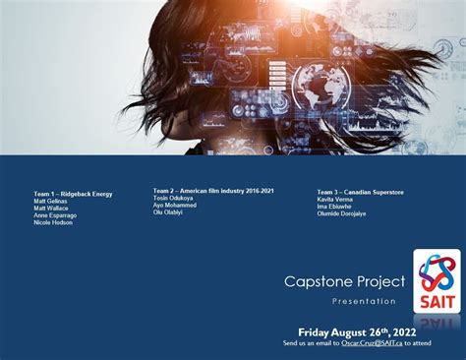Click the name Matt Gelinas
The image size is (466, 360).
[50, 202]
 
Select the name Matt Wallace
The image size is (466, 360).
[51, 209]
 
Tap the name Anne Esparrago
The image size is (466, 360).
[55, 215]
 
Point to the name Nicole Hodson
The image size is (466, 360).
[53, 222]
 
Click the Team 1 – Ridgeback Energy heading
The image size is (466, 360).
[73, 194]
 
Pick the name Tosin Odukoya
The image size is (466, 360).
[173, 197]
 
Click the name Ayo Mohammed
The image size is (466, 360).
[175, 205]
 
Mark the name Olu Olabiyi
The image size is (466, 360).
[169, 211]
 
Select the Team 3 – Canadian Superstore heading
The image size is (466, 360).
[360, 192]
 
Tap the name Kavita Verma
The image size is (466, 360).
[335, 200]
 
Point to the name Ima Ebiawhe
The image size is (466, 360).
[335, 207]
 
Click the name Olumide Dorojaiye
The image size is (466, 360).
[341, 213]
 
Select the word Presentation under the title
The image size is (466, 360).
[364, 301]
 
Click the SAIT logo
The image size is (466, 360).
[436, 280]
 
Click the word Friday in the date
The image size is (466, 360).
[320, 331]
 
